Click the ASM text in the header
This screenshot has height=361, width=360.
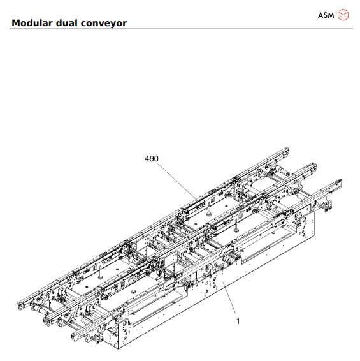click(x=326, y=15)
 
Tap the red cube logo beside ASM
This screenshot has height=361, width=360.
click(x=343, y=14)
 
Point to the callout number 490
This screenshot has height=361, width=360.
click(x=152, y=158)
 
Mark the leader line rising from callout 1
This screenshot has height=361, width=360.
click(x=229, y=301)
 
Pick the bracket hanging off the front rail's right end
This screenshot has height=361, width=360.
click(x=330, y=205)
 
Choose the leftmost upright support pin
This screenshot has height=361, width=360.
click(x=101, y=272)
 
